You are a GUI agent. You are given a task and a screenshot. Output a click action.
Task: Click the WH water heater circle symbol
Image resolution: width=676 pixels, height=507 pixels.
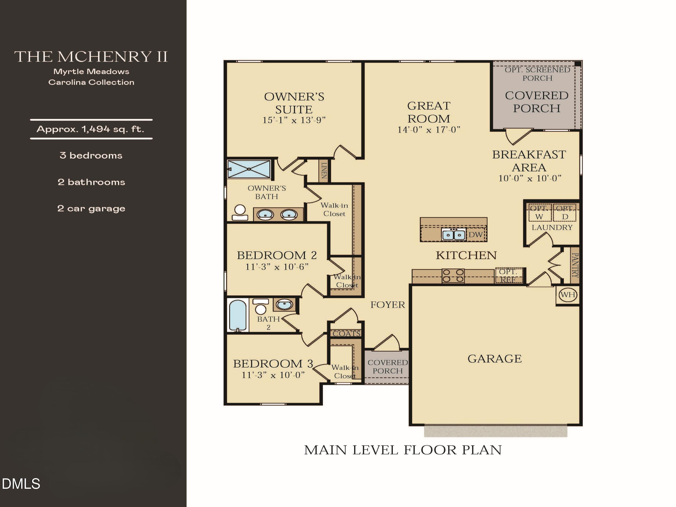[568, 295]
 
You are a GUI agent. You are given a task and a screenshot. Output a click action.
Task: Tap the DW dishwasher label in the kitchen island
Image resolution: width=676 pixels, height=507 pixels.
[475, 235]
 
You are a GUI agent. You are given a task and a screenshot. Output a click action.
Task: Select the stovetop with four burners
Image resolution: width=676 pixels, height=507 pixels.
[453, 276]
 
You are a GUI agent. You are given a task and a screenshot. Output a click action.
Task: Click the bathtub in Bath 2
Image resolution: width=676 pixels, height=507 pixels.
[238, 315]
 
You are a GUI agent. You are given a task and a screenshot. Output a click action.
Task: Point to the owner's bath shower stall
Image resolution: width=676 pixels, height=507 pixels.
[249, 169]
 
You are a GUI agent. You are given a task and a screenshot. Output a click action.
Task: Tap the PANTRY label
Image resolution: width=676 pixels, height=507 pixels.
[575, 265]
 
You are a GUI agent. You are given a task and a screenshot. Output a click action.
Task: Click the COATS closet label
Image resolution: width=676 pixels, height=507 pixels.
[347, 333]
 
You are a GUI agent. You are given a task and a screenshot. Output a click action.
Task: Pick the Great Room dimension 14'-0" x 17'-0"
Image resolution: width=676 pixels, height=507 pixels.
[428, 130]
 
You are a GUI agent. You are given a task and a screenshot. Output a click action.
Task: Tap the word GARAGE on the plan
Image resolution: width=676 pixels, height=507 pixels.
[494, 359]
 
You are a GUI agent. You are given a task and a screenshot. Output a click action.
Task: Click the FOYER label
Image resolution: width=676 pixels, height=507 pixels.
[388, 305]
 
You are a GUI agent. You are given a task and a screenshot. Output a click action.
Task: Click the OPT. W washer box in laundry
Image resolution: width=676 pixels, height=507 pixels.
[539, 213]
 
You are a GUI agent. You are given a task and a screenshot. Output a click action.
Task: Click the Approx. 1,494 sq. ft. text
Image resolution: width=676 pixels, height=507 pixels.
[90, 129]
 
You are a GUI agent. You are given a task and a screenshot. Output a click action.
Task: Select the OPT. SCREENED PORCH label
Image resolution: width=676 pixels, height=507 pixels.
[537, 74]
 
